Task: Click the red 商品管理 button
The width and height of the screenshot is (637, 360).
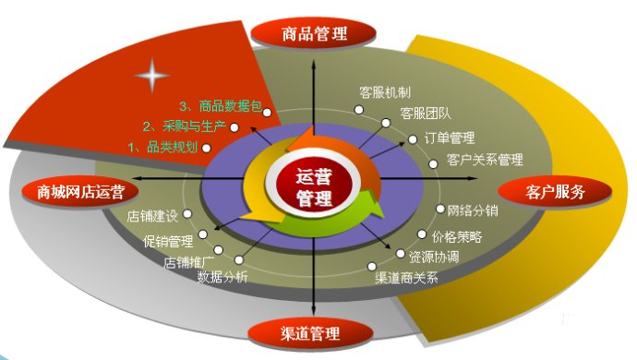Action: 314,34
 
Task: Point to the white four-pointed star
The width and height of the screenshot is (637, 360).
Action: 151,77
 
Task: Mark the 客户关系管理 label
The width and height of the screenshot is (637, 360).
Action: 485,160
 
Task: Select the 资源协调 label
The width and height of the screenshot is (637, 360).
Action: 433,256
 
